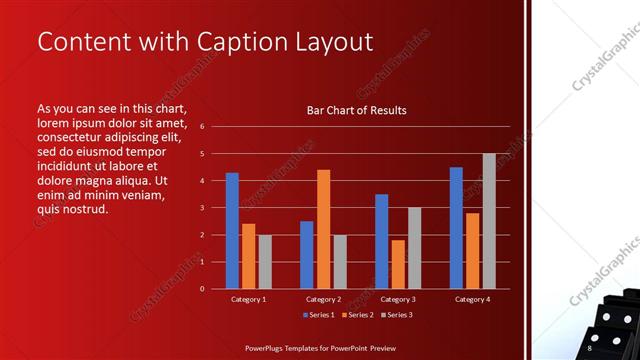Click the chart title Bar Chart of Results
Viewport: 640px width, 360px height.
pyautogui.click(x=356, y=110)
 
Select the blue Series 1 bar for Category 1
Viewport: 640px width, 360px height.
pyautogui.click(x=232, y=230)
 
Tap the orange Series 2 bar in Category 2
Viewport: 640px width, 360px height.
pyautogui.click(x=323, y=229)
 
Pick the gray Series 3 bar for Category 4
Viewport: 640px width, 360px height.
pyautogui.click(x=489, y=221)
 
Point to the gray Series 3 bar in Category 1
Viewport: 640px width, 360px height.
pyautogui.click(x=264, y=262)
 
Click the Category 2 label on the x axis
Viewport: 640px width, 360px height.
pyautogui.click(x=323, y=299)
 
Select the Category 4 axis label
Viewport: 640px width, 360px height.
pyautogui.click(x=472, y=299)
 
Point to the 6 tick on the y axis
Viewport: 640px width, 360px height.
pyautogui.click(x=202, y=127)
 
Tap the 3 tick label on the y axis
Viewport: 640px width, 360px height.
pyautogui.click(x=202, y=208)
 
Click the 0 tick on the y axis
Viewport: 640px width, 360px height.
pyautogui.click(x=202, y=289)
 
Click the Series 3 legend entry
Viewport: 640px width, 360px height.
pyautogui.click(x=397, y=315)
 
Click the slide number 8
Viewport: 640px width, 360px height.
pyautogui.click(x=589, y=348)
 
